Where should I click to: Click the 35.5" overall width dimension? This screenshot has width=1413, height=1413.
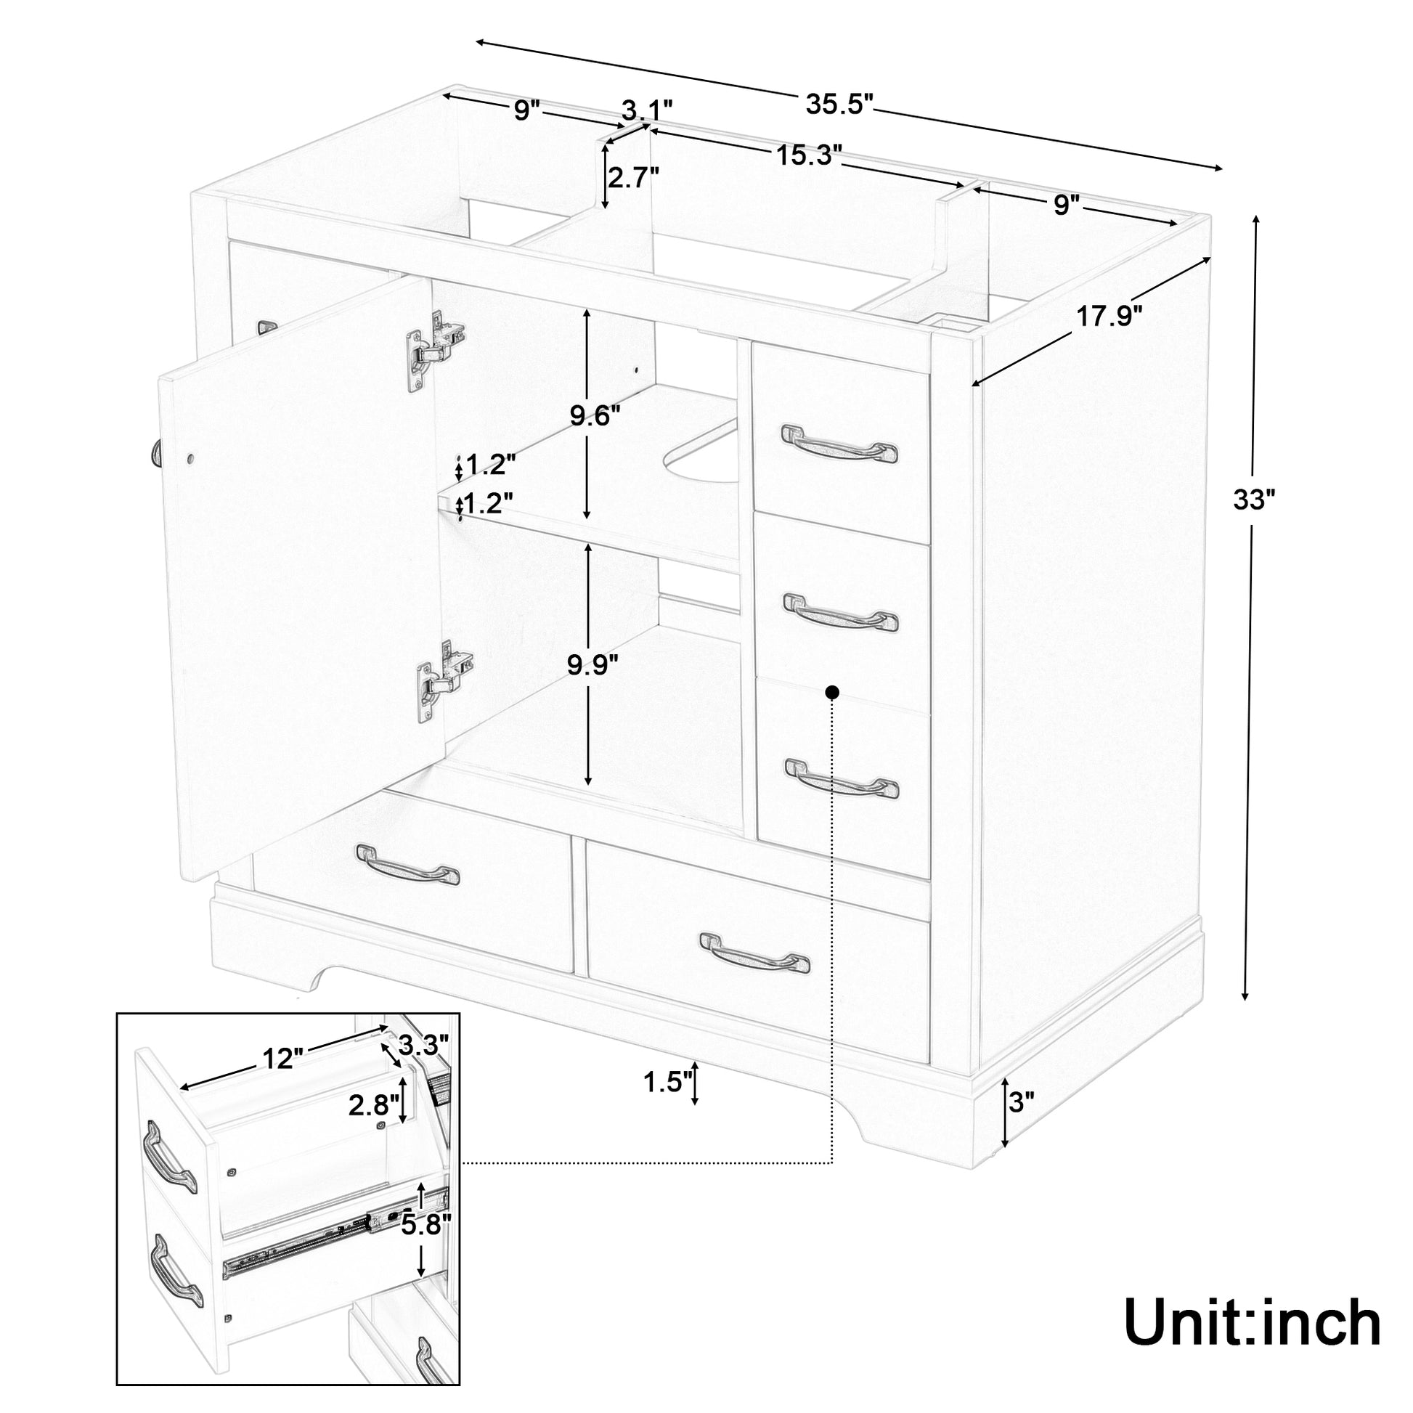[839, 105]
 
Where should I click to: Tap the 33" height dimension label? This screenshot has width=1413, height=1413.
[1253, 500]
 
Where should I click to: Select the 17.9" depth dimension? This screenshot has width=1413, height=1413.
[1109, 317]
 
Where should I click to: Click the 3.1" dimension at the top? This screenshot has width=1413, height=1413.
[646, 112]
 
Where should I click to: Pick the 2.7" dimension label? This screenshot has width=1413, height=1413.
[633, 178]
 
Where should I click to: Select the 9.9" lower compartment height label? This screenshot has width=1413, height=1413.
[594, 665]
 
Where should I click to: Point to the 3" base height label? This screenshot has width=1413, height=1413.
[1022, 1122]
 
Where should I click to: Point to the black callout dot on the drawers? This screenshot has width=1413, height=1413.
[831, 691]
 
